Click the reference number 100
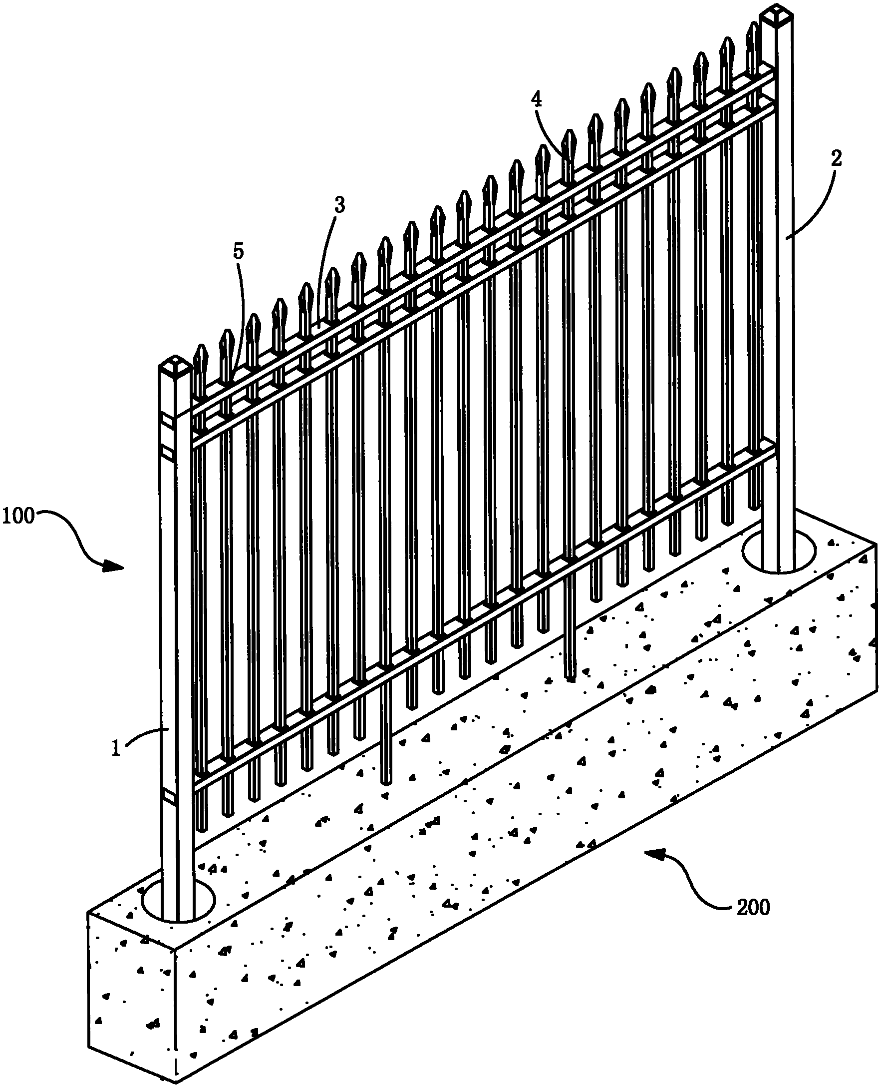[18, 516]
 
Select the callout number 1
[116, 749]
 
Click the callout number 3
[339, 205]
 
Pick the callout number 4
[536, 98]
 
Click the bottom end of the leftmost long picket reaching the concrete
[386, 781]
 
